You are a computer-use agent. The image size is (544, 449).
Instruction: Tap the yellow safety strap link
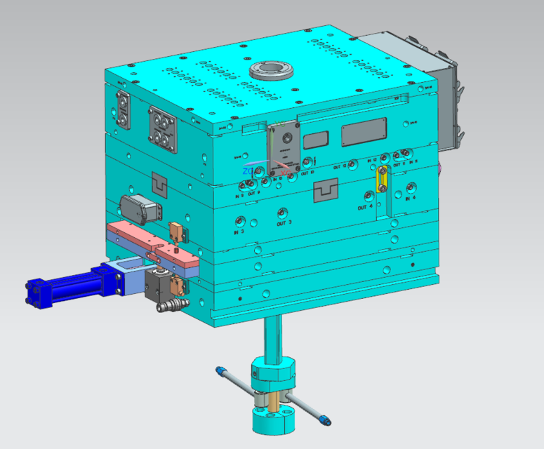[382, 181]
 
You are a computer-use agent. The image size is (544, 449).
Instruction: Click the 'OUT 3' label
[284, 224]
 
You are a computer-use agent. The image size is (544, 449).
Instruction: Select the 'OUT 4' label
[364, 208]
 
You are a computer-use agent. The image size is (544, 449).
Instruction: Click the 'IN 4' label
[410, 199]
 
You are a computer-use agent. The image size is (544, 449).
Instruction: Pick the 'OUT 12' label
[340, 167]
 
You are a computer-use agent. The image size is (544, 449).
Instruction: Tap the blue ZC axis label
[248, 170]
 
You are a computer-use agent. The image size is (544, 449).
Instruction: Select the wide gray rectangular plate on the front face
[364, 131]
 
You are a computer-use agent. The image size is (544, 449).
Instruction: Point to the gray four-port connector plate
[163, 128]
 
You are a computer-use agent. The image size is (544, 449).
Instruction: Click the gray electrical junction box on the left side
[137, 208]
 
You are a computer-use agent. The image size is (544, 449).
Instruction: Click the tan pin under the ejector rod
[273, 403]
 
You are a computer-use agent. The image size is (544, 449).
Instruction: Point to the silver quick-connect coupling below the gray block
[172, 304]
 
